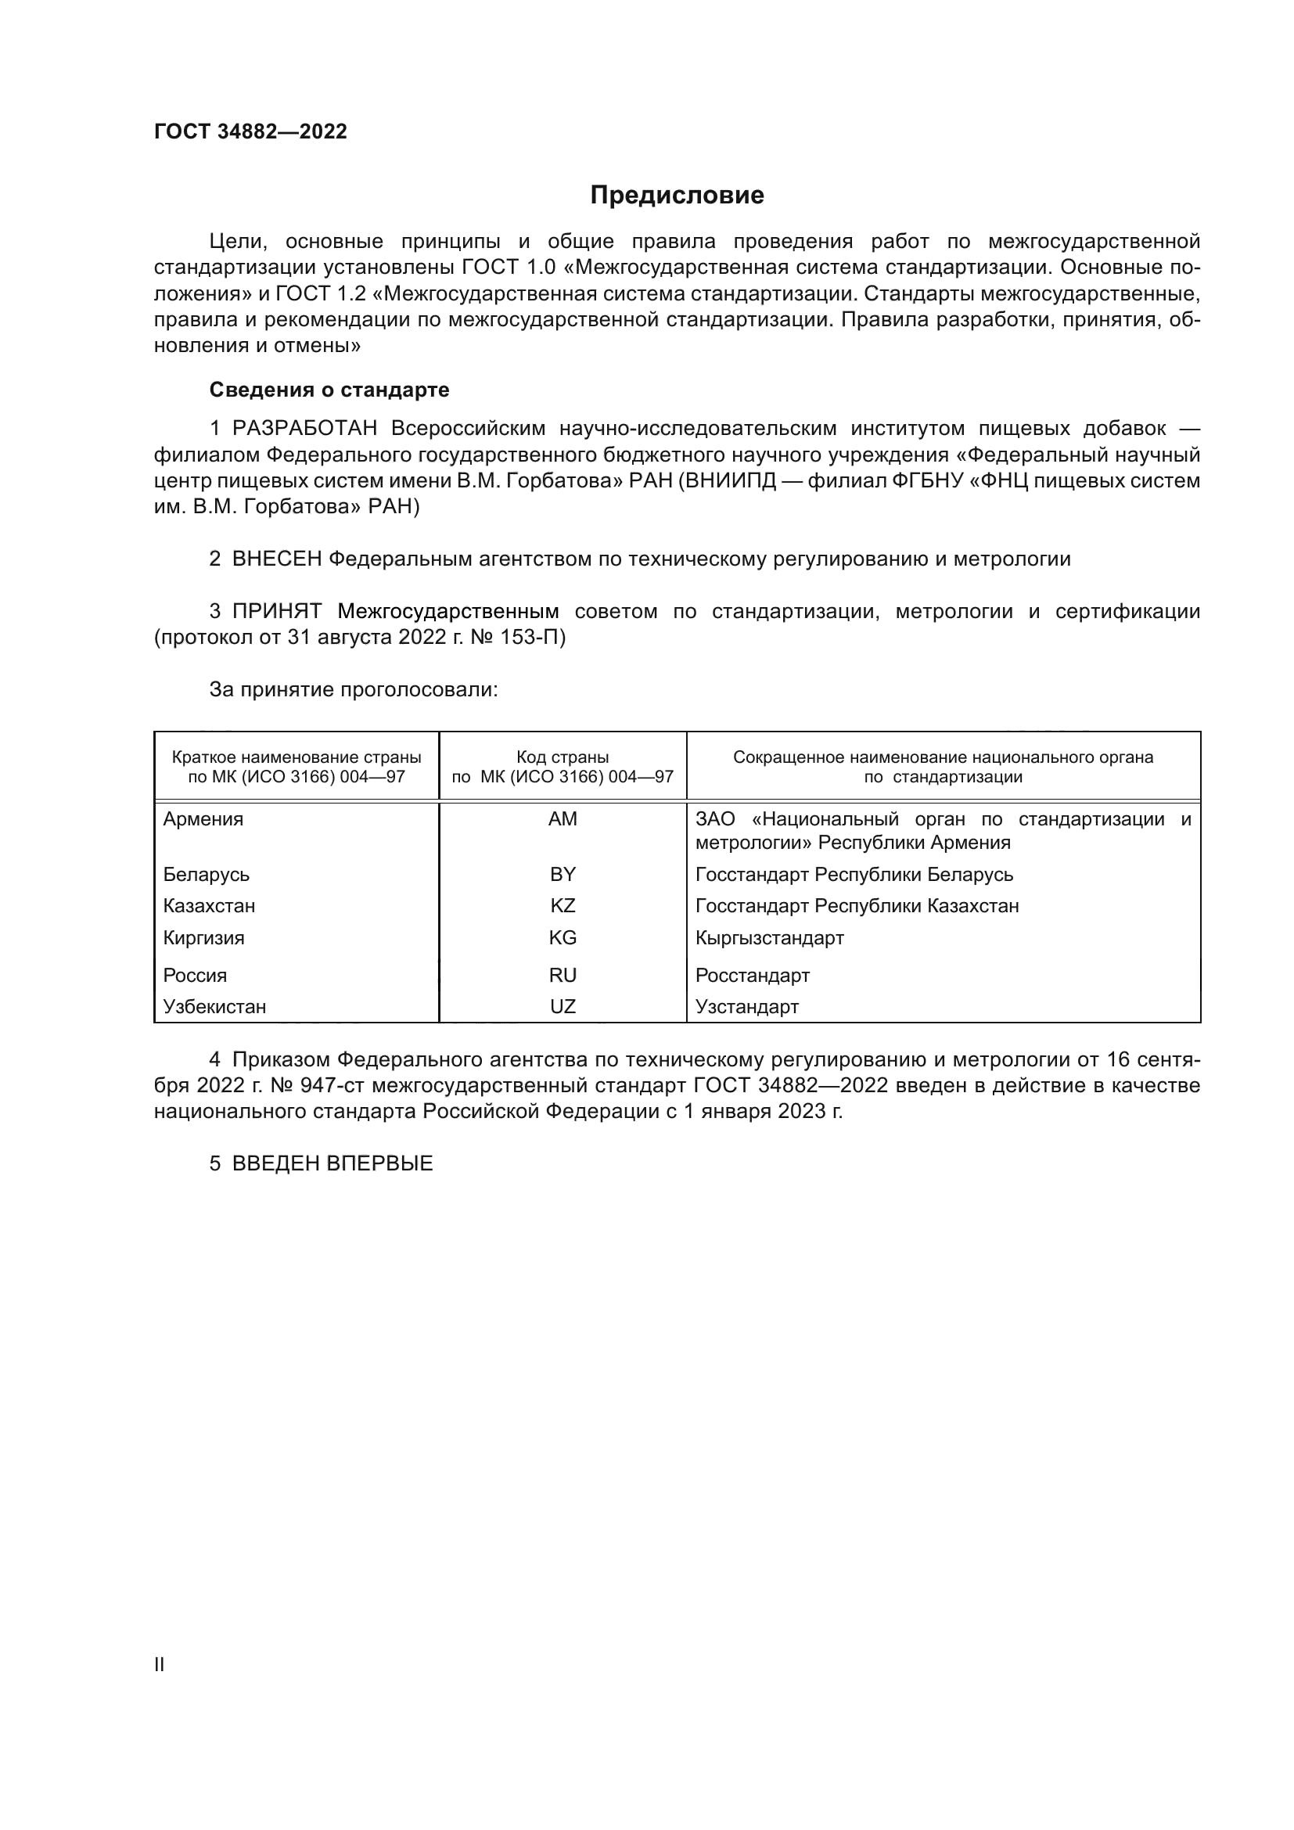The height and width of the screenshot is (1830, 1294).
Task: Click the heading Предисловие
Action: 677,196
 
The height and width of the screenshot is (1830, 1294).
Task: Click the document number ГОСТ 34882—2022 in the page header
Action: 250,131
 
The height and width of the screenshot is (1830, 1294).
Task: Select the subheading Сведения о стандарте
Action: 329,390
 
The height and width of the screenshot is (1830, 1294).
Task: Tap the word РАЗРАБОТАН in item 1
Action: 304,429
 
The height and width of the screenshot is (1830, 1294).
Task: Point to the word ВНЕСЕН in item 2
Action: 276,559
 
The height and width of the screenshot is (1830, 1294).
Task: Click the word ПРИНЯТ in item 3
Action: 276,612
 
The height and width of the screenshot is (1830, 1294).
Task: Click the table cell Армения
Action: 203,819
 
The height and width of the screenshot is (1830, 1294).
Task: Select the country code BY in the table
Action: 563,875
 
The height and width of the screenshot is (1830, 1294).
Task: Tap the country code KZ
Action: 563,906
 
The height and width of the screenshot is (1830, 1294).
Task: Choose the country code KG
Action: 563,938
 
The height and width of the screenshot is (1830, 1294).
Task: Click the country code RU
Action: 563,976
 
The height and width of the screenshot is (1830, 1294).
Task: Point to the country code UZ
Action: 563,1007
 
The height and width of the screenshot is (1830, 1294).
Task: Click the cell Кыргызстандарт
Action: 769,938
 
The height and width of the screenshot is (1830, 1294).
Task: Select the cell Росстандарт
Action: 752,976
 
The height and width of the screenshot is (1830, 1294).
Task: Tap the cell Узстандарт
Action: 746,1007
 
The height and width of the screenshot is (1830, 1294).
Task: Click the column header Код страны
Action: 563,757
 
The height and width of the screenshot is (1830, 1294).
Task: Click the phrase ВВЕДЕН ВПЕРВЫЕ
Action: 332,1163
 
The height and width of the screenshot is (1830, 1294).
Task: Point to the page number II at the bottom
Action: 160,1665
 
